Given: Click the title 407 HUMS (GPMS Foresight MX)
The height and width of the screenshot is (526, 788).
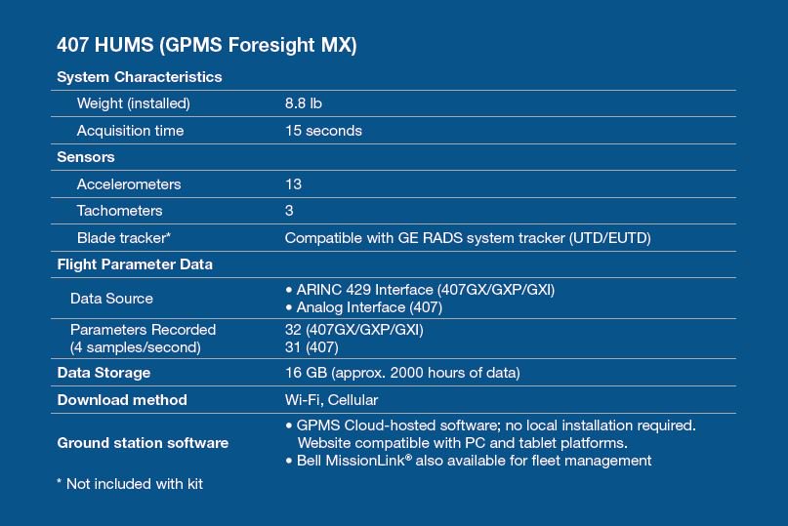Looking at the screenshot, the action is [x=207, y=45].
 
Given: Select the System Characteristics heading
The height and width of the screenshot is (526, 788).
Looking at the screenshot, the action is [x=140, y=77].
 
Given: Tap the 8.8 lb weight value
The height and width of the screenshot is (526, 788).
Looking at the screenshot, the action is [x=303, y=103].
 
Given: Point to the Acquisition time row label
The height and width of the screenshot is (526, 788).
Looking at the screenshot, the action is [x=130, y=131].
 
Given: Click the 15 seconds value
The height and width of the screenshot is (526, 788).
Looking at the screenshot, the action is [x=323, y=131].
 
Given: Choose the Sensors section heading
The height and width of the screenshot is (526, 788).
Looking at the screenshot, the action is [x=85, y=157].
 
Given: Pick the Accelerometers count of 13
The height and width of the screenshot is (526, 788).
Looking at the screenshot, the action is [x=294, y=184].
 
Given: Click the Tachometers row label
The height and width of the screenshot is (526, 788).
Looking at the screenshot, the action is [x=119, y=211].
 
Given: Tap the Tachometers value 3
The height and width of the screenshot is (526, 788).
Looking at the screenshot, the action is [x=289, y=211].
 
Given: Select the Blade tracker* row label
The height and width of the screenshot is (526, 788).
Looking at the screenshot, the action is [x=124, y=238].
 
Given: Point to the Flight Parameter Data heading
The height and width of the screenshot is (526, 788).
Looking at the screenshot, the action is [x=135, y=264].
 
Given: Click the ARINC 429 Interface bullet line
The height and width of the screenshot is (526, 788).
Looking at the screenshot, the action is [x=420, y=290].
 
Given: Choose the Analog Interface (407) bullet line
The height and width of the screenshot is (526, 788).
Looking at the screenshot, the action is [x=364, y=307].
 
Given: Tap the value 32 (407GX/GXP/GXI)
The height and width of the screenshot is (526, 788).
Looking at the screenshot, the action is [x=354, y=330].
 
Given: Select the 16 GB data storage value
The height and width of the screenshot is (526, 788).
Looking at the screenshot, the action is [x=402, y=373].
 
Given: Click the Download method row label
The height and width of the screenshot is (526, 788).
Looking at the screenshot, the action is [x=122, y=400].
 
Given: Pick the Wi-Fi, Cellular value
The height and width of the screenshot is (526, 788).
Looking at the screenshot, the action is [x=331, y=400].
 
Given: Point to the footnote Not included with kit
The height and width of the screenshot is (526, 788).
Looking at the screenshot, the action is [x=130, y=484].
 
